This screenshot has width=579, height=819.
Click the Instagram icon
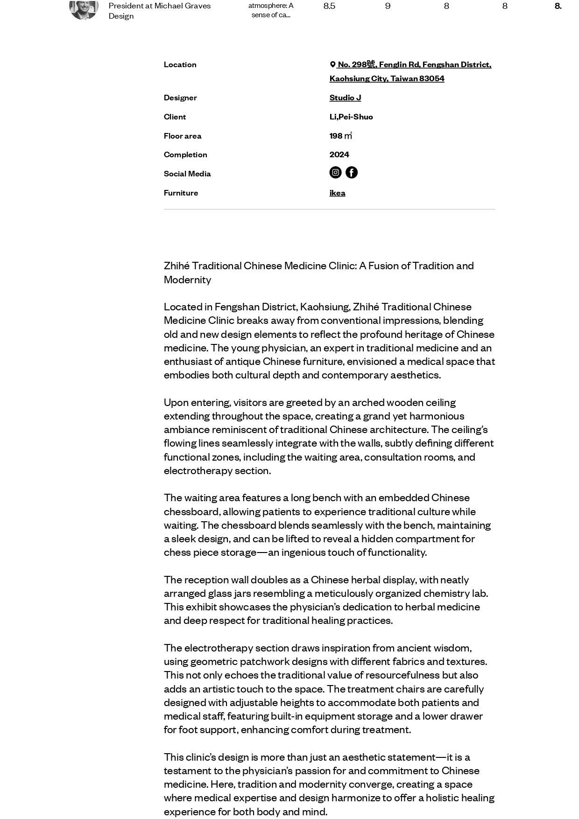(x=335, y=173)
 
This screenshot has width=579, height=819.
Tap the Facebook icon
(x=352, y=173)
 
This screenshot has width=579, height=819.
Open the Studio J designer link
(x=345, y=98)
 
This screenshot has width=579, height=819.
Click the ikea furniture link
(x=337, y=193)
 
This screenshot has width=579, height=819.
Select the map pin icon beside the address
(x=333, y=64)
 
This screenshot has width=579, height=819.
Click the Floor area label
(x=183, y=136)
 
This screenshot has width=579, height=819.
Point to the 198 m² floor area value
(x=340, y=136)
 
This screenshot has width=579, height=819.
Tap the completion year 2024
(x=339, y=154)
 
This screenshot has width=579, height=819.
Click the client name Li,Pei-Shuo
(x=351, y=117)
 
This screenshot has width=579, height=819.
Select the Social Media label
(x=187, y=174)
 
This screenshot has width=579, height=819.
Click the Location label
(x=180, y=64)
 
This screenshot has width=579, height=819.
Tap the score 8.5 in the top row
(x=329, y=6)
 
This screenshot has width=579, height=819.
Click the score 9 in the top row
(x=388, y=6)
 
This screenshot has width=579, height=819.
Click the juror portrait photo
(x=84, y=7)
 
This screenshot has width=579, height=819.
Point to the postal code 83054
(x=431, y=78)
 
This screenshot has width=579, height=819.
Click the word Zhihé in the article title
(x=177, y=266)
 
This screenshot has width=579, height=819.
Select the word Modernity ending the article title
(x=187, y=280)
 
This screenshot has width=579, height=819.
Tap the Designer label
(x=180, y=98)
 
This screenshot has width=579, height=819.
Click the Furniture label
(x=181, y=193)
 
